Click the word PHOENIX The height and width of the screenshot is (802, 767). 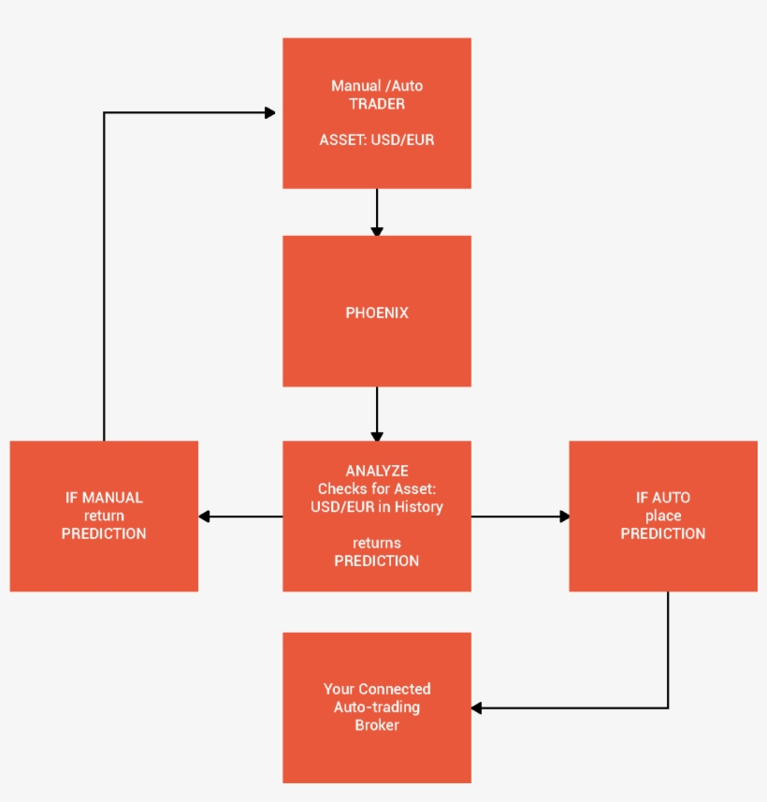tap(377, 313)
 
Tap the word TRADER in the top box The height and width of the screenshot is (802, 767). tap(377, 104)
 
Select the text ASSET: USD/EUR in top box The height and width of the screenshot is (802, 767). tap(377, 140)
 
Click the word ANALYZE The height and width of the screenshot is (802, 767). tap(377, 471)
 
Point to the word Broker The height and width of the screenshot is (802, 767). tap(377, 725)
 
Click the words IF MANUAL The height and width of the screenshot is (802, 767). tap(104, 498)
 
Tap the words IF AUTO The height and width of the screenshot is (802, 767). tap(663, 498)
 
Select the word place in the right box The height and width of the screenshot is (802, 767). tap(663, 516)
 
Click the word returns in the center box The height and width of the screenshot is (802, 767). tap(377, 543)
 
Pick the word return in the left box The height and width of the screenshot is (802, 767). tap(104, 516)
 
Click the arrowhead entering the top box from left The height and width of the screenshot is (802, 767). tap(270, 113)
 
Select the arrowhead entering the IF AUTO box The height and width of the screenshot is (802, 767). tap(564, 516)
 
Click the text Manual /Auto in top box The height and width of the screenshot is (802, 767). tap(377, 86)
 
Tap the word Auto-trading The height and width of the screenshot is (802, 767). tap(377, 707)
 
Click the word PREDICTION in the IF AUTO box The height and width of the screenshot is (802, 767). tap(663, 533)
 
